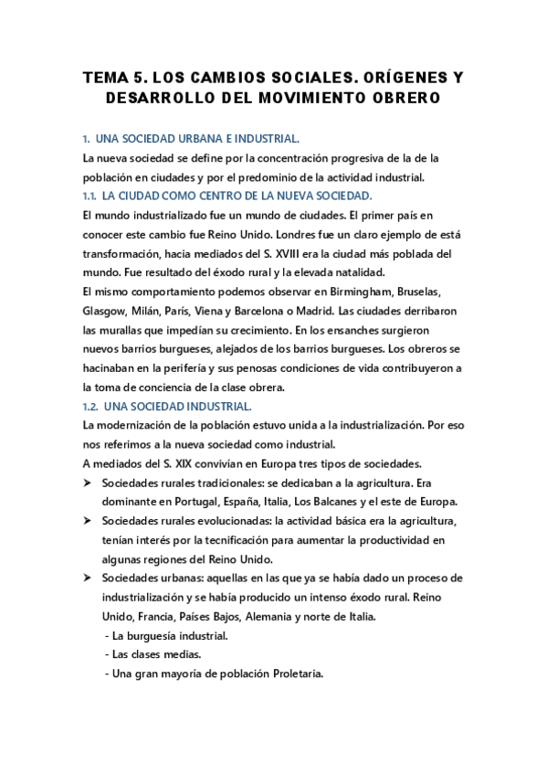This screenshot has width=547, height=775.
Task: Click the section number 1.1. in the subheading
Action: click(x=89, y=196)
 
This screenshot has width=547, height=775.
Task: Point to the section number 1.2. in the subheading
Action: click(x=89, y=406)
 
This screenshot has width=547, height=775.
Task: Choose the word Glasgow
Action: click(x=104, y=311)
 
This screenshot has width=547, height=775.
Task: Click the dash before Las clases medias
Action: click(x=108, y=654)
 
